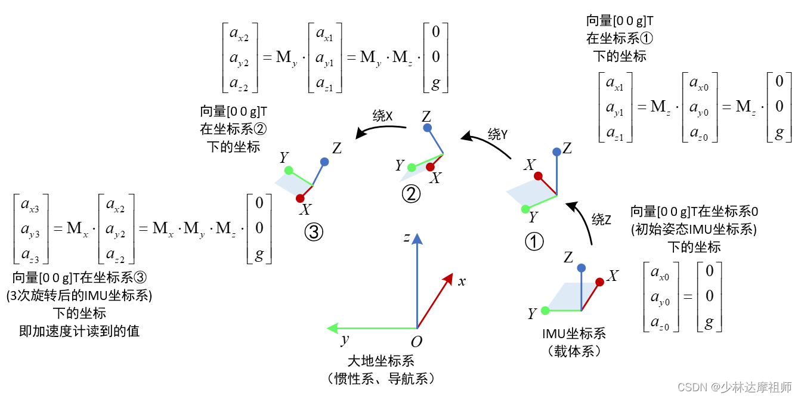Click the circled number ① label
[x=534, y=241]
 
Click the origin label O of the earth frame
[x=417, y=342]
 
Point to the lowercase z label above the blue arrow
[x=406, y=238]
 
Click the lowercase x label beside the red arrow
[x=462, y=281]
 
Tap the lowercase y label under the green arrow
[x=344, y=340]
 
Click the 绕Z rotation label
[x=601, y=219]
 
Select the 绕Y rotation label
[x=497, y=135]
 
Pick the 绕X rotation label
[x=382, y=116]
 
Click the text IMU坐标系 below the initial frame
[x=574, y=334]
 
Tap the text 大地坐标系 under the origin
[x=381, y=361]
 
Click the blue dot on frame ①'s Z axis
[x=557, y=152]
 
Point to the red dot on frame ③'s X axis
[x=300, y=198]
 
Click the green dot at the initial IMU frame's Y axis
[x=545, y=311]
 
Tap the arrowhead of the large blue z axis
[x=417, y=239]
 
